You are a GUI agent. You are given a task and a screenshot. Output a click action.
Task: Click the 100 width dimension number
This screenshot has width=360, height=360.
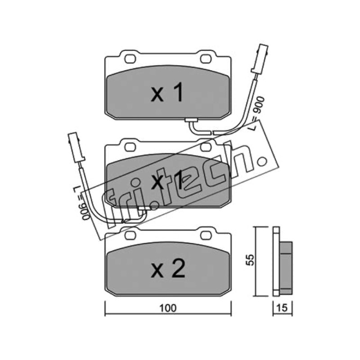click(168, 308)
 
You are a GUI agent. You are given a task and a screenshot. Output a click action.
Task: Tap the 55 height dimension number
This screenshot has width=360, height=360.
click(251, 260)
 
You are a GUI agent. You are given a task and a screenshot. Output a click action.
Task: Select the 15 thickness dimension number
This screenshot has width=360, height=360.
click(282, 308)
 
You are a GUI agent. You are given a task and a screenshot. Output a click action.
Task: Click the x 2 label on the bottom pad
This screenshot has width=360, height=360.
click(168, 268)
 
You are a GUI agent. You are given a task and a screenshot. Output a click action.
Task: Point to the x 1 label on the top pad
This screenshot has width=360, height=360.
click(167, 92)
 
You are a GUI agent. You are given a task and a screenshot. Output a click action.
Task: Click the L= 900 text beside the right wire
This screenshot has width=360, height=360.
click(257, 114)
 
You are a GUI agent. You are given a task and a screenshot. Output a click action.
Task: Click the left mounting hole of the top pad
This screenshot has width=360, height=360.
click(130, 59)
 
